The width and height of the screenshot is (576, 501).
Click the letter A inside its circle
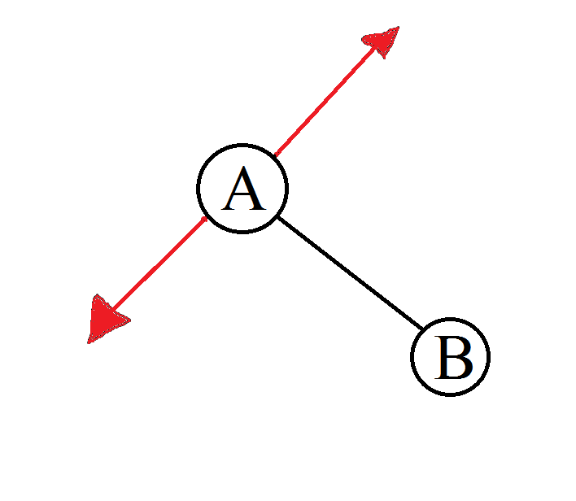coord(244,190)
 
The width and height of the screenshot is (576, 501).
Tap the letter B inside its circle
coord(452,358)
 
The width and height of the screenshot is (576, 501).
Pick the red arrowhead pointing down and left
coord(105,320)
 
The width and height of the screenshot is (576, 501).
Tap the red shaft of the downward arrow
coord(159,265)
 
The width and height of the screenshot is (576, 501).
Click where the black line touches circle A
coord(278,217)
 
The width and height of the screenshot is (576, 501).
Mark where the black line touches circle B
coord(424,331)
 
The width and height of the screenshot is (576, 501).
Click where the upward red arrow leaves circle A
coord(275,154)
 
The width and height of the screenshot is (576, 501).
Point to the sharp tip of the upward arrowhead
coord(399,28)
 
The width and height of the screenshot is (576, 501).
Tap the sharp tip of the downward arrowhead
coord(89,342)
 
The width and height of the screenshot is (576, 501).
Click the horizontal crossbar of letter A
coord(244,196)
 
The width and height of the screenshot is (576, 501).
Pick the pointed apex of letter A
coord(244,168)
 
